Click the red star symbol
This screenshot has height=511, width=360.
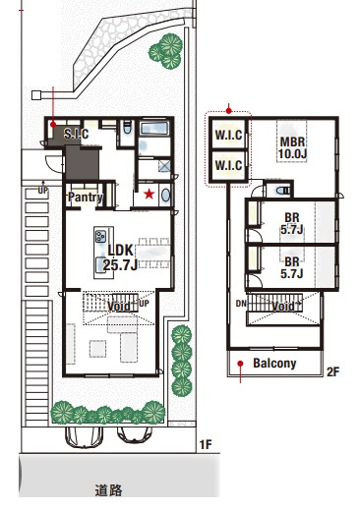pos(150,195)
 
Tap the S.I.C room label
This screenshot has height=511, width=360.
pos(76,134)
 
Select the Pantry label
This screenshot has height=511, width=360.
pos(86,198)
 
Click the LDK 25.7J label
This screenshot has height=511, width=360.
pos(121,257)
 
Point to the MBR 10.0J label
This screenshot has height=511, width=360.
pos(292,147)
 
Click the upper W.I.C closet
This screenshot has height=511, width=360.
pos(228,135)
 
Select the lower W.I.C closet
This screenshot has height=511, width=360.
pos(228,165)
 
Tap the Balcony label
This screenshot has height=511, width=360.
pos(274,363)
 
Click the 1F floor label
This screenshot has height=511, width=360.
pos(206,444)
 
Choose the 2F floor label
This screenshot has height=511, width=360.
pos(332,371)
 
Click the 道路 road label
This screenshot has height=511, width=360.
pos(109,490)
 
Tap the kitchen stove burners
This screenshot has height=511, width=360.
pos(100,236)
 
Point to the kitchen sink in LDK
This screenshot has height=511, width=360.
pos(100,264)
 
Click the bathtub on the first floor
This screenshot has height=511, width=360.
pos(154,128)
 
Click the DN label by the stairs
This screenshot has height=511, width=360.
pos(241,304)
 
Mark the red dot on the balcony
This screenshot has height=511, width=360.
pos(240,364)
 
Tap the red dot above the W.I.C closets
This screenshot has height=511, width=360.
pos(229,111)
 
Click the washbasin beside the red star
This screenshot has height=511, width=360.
pos(166,196)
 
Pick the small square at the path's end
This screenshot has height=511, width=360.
pos(35,95)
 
